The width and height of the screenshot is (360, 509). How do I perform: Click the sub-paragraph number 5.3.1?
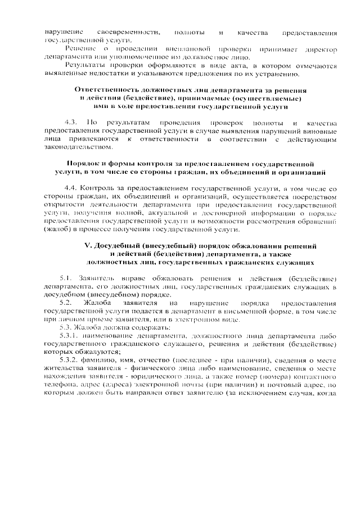[71, 335]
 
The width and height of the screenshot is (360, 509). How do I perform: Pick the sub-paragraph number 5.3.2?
[71, 359]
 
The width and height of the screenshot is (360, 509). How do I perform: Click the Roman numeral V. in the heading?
[87, 246]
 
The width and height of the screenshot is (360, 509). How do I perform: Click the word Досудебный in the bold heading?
[119, 246]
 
